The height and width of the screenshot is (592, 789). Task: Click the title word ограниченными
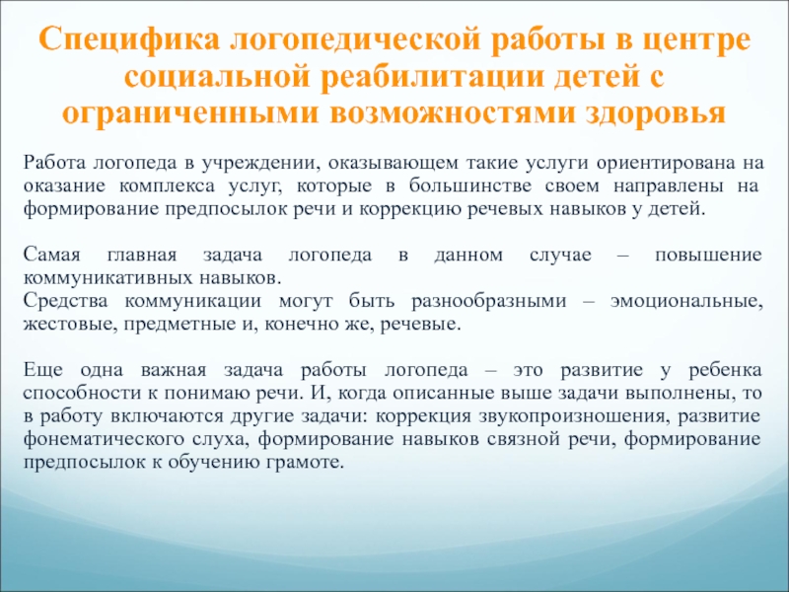(190, 114)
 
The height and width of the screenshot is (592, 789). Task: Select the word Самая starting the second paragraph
(52, 255)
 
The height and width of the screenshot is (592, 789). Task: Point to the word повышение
(708, 255)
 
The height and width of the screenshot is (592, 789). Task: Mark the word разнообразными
(489, 301)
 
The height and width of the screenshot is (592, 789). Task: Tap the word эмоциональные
(686, 301)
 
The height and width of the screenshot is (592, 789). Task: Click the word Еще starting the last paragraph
(43, 370)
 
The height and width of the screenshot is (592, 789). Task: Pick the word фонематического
(103, 439)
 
